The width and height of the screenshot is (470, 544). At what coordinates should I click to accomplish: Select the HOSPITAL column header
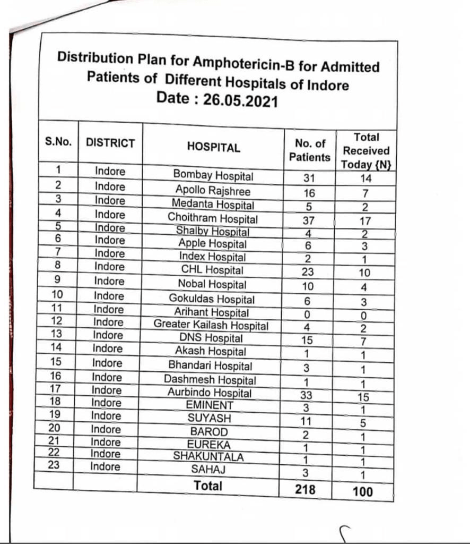point(213,147)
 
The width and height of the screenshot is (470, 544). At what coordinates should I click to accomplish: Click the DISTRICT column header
point(110,143)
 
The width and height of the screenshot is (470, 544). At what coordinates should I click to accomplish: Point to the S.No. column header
point(58,142)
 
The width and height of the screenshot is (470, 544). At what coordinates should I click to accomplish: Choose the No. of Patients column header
point(310,150)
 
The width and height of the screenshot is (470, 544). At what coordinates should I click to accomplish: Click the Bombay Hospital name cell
point(213,175)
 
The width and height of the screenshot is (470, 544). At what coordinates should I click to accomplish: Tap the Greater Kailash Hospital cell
point(211,325)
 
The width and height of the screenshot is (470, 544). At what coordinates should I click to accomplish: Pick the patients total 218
point(305,488)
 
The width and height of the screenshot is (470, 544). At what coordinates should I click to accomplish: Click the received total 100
point(362,491)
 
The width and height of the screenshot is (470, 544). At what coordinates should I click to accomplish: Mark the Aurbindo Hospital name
point(210,393)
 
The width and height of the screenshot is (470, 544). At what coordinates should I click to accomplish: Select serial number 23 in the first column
point(55,466)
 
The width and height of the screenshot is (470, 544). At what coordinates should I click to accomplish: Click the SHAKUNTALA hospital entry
point(208,456)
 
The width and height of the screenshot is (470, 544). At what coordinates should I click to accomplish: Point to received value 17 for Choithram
point(365,221)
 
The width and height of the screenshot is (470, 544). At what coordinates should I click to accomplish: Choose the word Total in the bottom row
point(208,485)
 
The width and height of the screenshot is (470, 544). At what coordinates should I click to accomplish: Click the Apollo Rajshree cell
point(213,190)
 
